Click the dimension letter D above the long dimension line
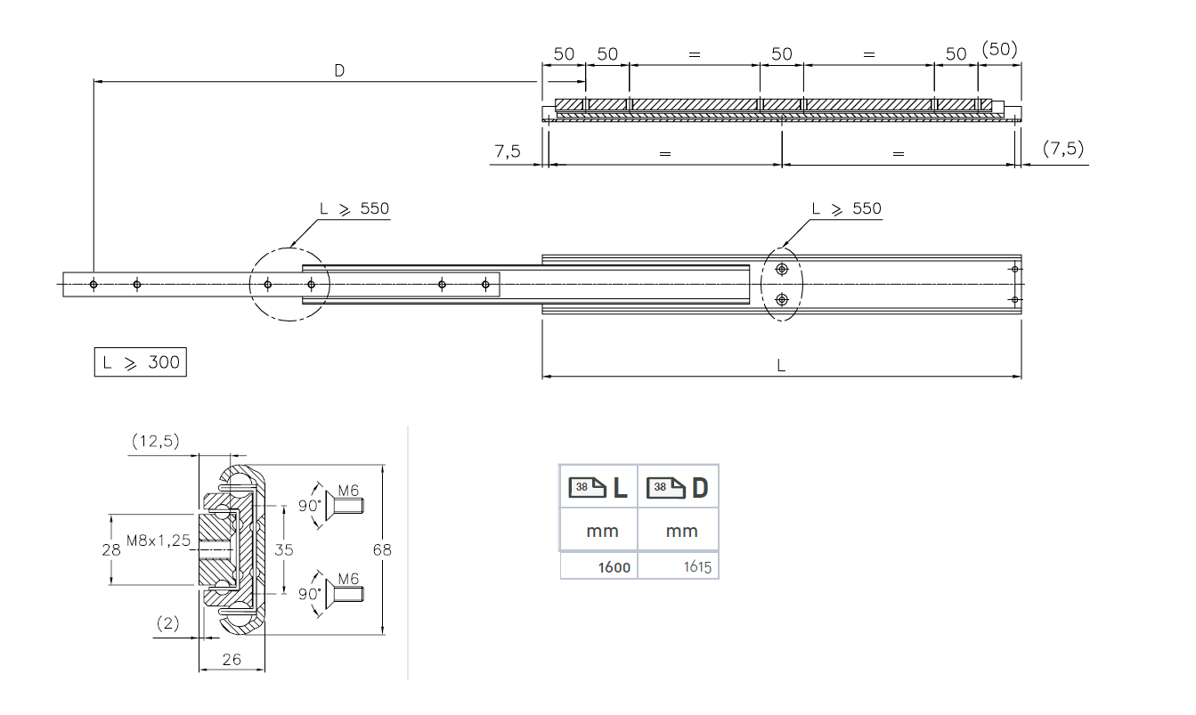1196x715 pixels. tap(339, 70)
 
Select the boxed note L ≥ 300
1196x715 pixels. tap(141, 362)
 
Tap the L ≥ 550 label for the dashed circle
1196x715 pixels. tap(354, 209)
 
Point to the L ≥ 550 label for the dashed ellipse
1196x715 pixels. tap(846, 209)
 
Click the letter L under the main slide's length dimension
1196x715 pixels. tap(781, 366)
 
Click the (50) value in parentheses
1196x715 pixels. tap(999, 49)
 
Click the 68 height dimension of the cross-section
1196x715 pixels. tap(381, 550)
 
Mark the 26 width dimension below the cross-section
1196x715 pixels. tap(231, 660)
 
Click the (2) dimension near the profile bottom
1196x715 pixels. tap(167, 624)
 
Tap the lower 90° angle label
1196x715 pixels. tap(308, 591)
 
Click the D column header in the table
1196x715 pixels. tap(679, 487)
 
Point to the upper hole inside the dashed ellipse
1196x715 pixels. tap(781, 270)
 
